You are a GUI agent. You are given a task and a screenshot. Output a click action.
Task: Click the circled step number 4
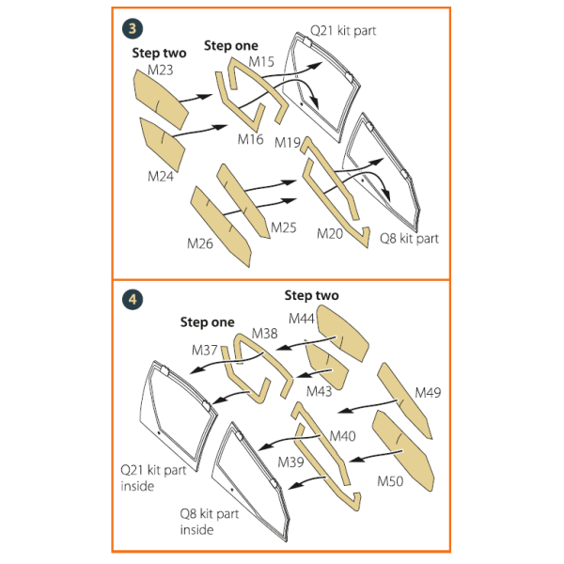point(133,301)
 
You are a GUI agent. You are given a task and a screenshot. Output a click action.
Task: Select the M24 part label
point(161,176)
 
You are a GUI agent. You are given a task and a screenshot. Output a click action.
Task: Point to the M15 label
point(261,62)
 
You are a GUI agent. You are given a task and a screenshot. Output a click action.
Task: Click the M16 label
point(250,140)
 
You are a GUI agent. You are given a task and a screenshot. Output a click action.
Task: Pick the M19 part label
point(288,142)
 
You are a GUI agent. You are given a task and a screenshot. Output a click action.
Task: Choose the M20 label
point(331,234)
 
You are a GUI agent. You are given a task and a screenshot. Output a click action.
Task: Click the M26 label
point(200,244)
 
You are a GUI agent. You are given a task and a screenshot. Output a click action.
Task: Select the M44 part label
point(302,320)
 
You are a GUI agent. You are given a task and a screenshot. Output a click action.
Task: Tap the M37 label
point(205,351)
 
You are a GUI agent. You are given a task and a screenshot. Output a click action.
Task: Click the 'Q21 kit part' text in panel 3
point(344,31)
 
